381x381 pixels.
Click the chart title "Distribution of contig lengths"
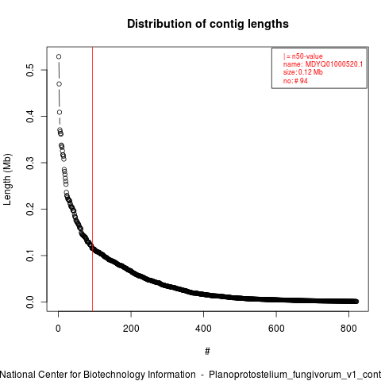(x=208, y=24)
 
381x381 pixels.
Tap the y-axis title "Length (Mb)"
(x=7, y=179)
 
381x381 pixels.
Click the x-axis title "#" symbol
(x=207, y=352)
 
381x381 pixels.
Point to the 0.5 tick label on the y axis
(x=30, y=70)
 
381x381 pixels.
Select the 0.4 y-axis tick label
(x=30, y=117)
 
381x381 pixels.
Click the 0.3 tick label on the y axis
(x=30, y=163)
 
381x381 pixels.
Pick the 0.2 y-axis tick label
(x=30, y=209)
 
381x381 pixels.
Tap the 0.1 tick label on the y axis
(x=30, y=256)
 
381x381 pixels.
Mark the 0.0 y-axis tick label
(x=30, y=302)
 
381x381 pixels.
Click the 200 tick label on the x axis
(x=131, y=329)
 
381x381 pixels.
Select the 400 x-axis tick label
(x=203, y=329)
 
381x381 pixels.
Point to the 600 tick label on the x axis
(x=276, y=329)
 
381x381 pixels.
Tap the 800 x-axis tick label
(x=348, y=329)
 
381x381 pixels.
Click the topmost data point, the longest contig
(x=59, y=56)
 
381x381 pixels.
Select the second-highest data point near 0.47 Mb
(x=59, y=84)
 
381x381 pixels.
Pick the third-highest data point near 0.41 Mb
(x=60, y=112)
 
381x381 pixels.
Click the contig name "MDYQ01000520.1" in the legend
(x=334, y=64)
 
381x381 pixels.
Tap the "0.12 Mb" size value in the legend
(x=310, y=72)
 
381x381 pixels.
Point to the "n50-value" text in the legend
(x=307, y=56)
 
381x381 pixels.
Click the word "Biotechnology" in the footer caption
(x=114, y=375)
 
